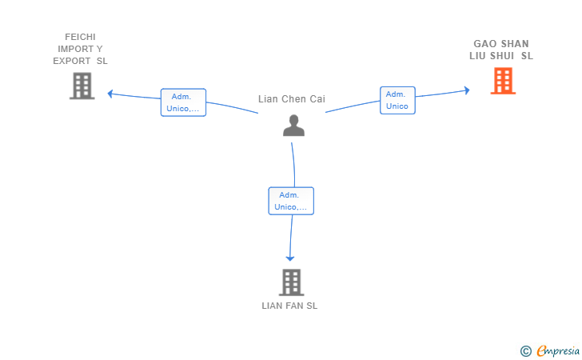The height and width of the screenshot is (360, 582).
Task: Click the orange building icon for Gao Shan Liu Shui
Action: pos(503,81)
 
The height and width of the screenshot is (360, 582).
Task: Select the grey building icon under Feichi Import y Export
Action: pos(82,86)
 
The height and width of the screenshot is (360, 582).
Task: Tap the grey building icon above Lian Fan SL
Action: pos(291,282)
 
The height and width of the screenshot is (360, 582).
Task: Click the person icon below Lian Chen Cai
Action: pos(293,126)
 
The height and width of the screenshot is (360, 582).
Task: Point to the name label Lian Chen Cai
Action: pos(292,99)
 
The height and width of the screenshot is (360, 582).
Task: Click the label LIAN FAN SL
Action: pos(289,306)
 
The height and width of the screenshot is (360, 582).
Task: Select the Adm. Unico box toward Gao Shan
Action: pos(397,100)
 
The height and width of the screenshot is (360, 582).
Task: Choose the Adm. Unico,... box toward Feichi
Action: pos(183,102)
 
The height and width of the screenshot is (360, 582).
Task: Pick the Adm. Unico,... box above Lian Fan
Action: pos(291,201)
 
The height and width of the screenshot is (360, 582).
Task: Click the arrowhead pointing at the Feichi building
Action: pos(110,94)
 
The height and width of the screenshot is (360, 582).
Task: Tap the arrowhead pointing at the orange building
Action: pos(467,90)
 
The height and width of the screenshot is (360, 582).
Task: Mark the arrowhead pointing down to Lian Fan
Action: pos(290,258)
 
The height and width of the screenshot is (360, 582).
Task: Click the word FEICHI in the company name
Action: pos(80,37)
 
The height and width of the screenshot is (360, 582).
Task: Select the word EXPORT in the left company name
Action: pos(72,61)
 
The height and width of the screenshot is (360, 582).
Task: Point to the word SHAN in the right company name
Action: pos(515,44)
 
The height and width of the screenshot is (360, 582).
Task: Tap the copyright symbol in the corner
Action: pos(526,351)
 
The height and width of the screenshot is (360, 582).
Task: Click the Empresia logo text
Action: pos(558,351)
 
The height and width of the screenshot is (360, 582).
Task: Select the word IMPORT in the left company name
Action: pos(75,49)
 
